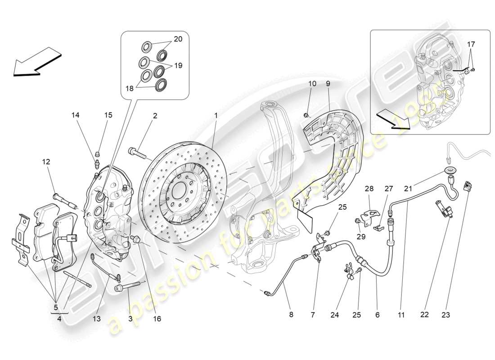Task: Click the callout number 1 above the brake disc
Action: point(216,116)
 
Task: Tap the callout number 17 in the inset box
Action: point(471,45)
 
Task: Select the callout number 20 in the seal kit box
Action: point(178,39)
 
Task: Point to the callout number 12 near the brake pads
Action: point(46,162)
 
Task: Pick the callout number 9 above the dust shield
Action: point(328,84)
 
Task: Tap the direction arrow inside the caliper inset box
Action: point(393,119)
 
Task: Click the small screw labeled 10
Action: point(306,103)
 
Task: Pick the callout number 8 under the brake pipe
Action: point(291,315)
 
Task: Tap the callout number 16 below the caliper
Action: point(157,319)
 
